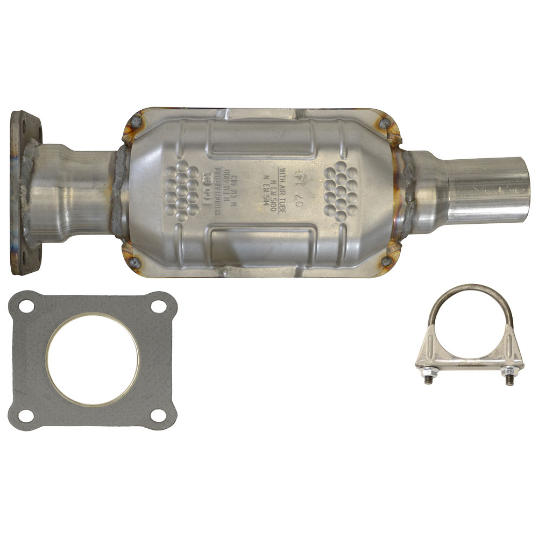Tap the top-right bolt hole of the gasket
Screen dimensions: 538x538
(158, 306)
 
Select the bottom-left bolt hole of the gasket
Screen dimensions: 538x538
(24, 416)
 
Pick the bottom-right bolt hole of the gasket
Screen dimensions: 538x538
(158, 415)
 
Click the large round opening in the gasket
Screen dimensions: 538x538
(92, 360)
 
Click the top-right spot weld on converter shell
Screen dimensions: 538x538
(383, 123)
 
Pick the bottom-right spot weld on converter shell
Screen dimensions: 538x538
(385, 261)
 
